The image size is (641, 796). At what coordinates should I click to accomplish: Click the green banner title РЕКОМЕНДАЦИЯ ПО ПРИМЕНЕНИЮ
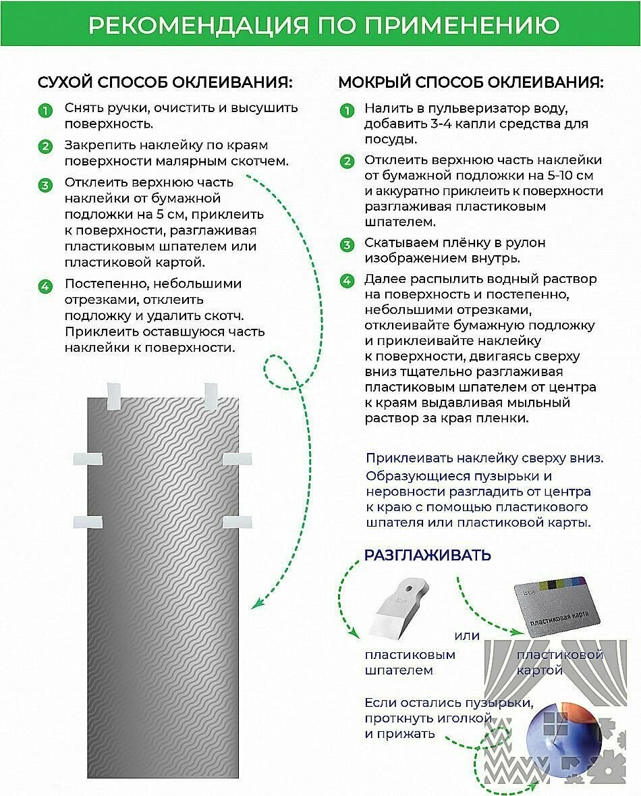(324, 25)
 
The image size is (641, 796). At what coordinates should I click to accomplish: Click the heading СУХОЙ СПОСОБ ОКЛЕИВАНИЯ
(165, 83)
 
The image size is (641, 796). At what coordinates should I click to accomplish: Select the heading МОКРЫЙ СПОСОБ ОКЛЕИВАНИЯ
(471, 83)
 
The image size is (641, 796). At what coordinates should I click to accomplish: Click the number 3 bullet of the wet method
(347, 244)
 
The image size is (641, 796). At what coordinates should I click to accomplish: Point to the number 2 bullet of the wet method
(347, 161)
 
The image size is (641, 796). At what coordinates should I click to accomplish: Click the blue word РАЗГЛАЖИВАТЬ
(428, 555)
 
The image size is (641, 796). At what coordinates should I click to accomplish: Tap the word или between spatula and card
(467, 635)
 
